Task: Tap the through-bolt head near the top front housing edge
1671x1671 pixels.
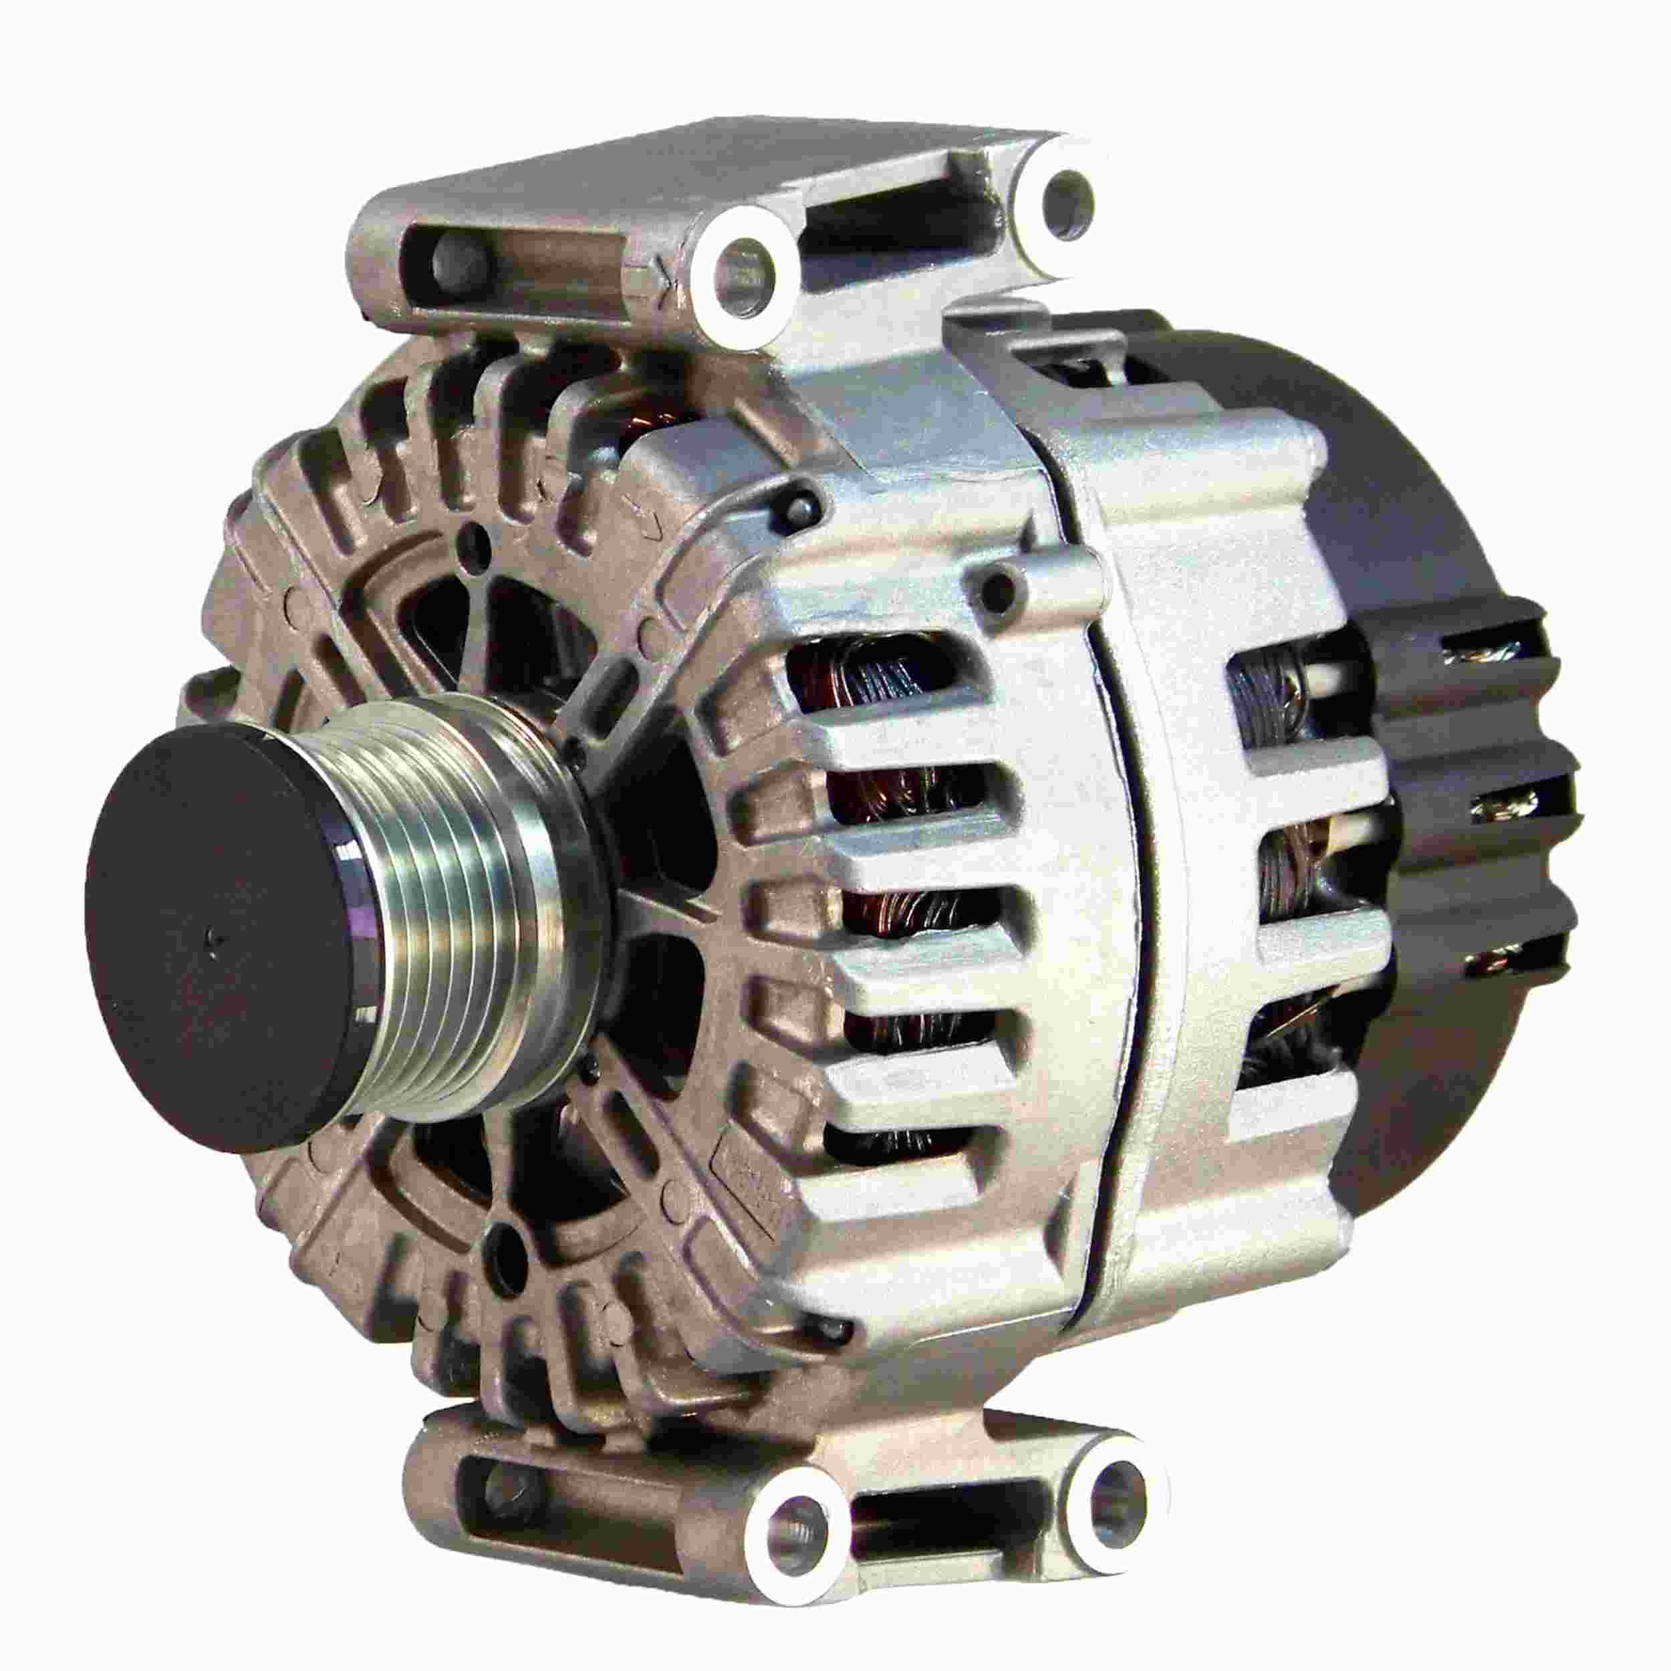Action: pos(800,504)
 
